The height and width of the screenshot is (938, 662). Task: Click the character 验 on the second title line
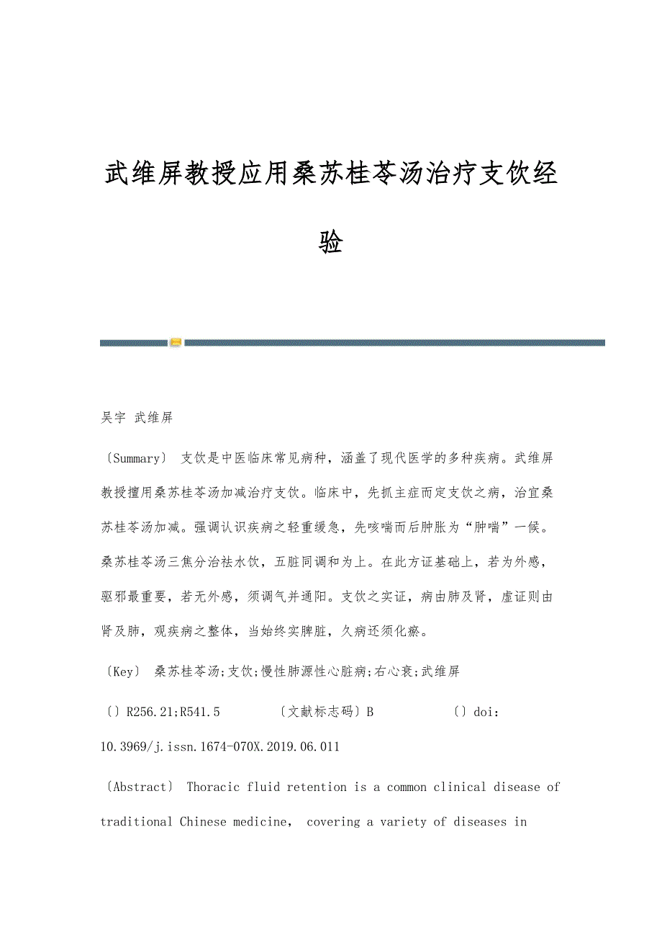pyautogui.click(x=330, y=242)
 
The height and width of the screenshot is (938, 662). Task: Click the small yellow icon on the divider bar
pyautogui.click(x=176, y=343)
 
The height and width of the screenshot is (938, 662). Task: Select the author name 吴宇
pyautogui.click(x=113, y=418)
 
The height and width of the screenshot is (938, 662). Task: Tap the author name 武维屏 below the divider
pyautogui.click(x=154, y=418)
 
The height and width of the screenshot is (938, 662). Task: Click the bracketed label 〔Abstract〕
pyautogui.click(x=139, y=787)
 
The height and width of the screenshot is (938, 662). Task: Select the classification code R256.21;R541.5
pyautogui.click(x=173, y=712)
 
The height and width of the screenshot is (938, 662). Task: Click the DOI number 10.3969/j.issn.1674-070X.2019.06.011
pyautogui.click(x=219, y=746)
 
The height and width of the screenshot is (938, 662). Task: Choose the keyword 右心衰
pyautogui.click(x=395, y=671)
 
